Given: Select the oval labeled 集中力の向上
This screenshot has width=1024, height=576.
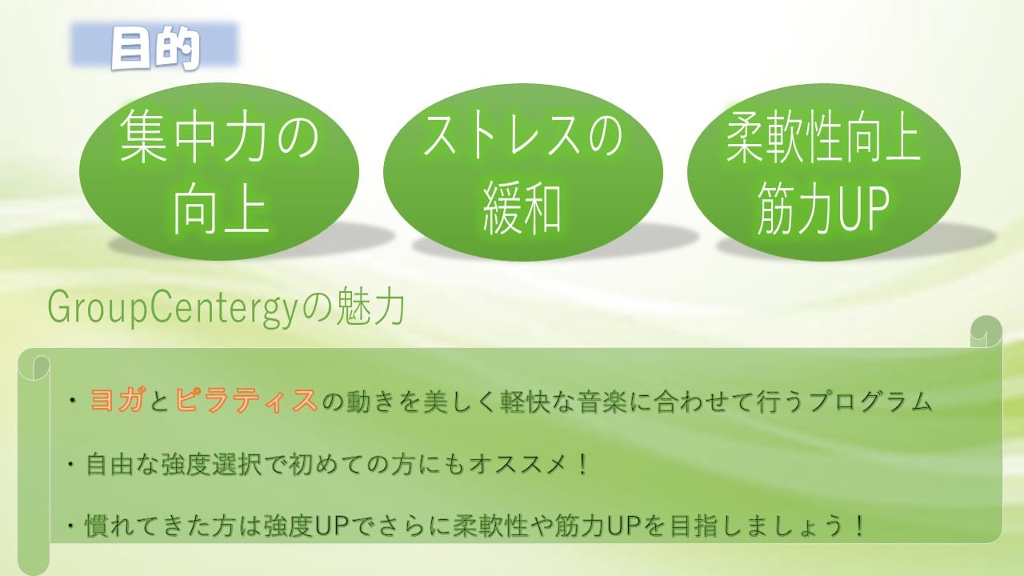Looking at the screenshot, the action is tap(219, 171).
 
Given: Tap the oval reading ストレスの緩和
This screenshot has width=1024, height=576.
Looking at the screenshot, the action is tap(523, 171).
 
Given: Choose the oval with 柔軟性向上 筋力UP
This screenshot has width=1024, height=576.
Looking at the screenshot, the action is tap(824, 171).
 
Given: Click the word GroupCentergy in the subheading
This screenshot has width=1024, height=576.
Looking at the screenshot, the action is tap(172, 309).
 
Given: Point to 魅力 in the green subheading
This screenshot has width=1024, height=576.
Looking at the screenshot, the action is tap(370, 308).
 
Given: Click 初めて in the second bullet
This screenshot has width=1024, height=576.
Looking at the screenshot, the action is tap(331, 465).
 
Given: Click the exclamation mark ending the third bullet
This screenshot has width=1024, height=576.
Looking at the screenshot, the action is tap(859, 526).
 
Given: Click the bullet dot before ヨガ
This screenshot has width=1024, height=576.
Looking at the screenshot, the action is tap(72, 401).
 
